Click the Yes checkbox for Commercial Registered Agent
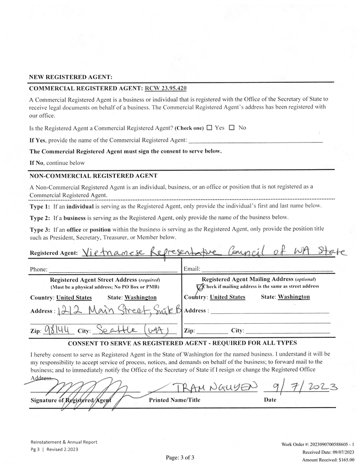click(209, 128)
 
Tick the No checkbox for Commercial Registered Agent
click(232, 128)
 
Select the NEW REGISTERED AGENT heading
click(71, 77)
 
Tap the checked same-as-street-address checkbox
click(200, 287)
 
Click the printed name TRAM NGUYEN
click(217, 387)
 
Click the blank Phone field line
click(112, 270)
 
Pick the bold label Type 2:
click(39, 217)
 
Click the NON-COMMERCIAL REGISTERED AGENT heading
click(93, 176)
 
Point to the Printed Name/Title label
click(174, 401)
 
